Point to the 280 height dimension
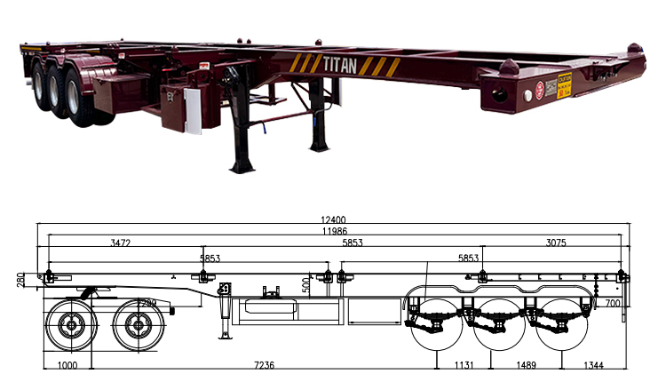tap(21, 281)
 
